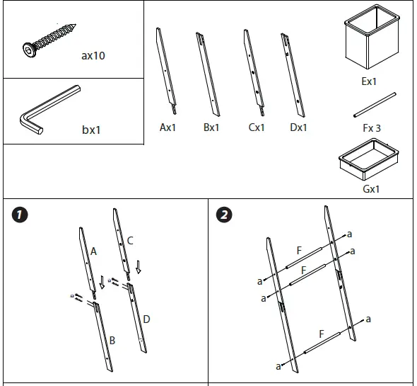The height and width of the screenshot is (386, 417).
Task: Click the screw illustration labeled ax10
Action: (49, 40)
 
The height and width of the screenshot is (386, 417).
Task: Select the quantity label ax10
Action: (93, 56)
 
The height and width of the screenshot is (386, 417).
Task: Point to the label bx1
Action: (91, 130)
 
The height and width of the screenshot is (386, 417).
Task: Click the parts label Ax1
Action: (168, 127)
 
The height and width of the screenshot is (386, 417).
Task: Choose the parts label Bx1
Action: (211, 127)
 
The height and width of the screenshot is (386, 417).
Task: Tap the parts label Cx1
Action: (257, 127)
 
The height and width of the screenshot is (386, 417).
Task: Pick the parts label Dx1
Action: (298, 127)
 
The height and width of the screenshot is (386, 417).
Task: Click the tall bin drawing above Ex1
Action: (372, 37)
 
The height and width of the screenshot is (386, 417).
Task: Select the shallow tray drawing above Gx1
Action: (369, 159)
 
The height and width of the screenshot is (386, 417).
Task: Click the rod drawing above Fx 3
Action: (375, 105)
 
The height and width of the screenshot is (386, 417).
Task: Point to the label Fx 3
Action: (372, 128)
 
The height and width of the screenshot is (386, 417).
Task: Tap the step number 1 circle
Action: (20, 215)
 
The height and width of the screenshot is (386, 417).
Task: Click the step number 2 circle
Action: (224, 215)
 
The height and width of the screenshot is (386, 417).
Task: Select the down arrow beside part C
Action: (138, 267)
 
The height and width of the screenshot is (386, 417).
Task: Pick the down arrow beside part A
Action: (102, 283)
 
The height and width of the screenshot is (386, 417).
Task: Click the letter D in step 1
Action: (146, 319)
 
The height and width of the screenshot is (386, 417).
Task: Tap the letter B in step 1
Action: (112, 341)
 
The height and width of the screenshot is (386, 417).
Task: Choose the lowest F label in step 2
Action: (322, 334)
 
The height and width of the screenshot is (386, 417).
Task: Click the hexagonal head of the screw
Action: (28, 50)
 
